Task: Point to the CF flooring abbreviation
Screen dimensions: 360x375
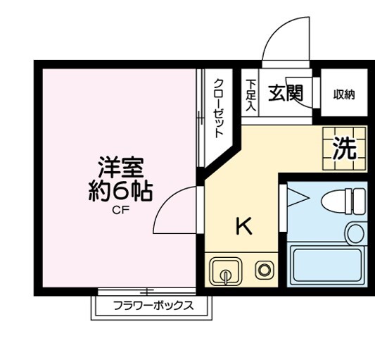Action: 120,209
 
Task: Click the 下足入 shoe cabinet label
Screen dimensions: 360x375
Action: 250,94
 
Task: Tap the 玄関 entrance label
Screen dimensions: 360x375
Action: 284,93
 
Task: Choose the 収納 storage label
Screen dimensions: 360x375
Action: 343,94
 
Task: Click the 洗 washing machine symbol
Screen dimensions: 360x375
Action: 344,149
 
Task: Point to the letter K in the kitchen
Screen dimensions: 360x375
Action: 243,227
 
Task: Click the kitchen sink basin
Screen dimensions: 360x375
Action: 224,271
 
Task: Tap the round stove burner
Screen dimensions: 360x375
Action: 265,270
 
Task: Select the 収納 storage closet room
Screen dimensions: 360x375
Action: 343,94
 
